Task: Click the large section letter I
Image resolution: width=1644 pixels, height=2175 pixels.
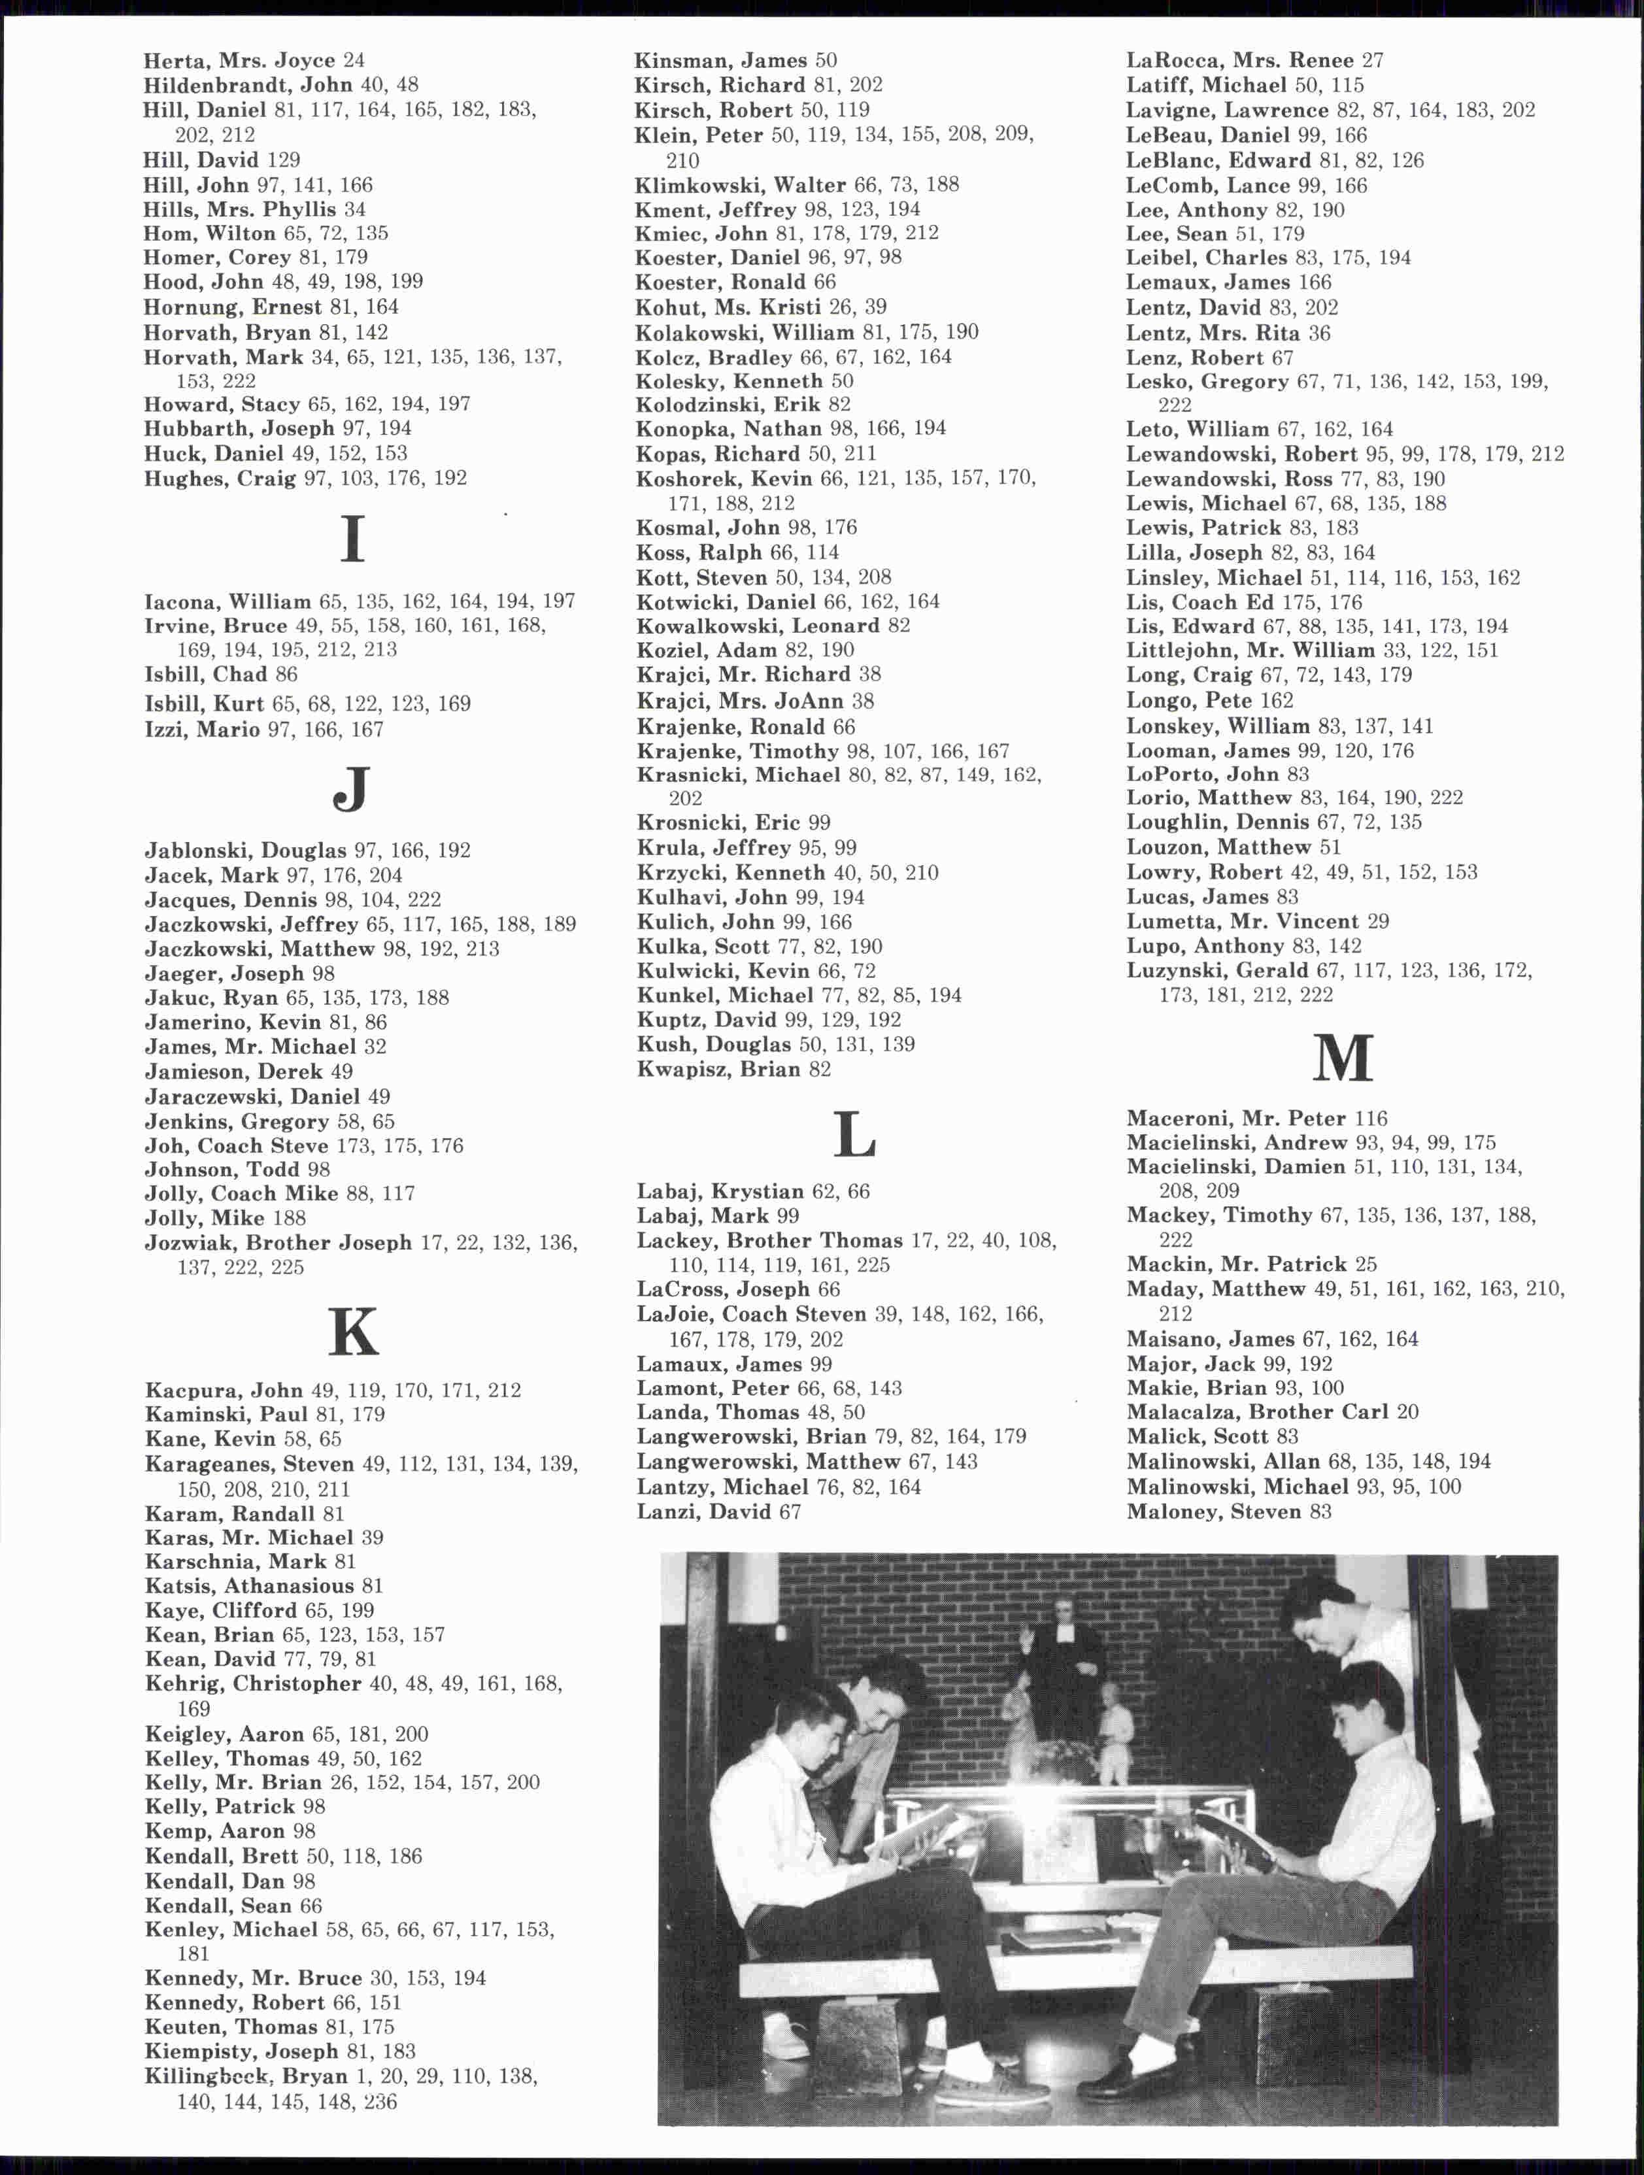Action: pos(352,539)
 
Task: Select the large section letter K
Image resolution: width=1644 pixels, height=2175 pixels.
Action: pos(352,1332)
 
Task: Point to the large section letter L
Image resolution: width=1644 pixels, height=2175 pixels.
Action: pos(854,1133)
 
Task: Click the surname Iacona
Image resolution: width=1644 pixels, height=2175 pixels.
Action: pos(180,601)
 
